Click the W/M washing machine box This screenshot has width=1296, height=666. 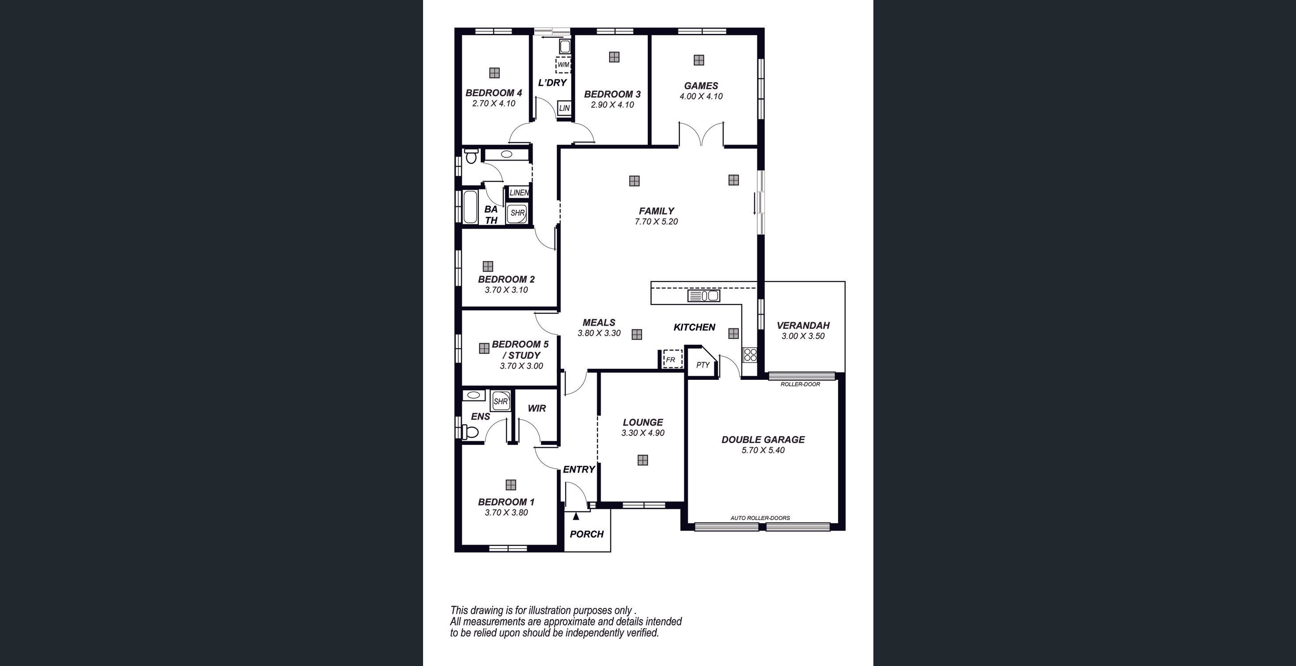[563, 65]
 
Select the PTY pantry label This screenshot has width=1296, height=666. [702, 365]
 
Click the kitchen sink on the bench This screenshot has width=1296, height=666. [703, 296]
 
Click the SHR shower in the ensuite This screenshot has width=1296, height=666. [500, 401]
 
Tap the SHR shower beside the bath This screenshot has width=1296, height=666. [517, 213]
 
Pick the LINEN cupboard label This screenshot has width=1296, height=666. [518, 193]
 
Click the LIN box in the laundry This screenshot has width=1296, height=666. [564, 108]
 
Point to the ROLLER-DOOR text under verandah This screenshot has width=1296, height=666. [800, 384]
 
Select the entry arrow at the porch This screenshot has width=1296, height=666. [576, 516]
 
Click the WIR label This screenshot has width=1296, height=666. [537, 408]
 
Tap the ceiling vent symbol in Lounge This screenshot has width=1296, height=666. [642, 460]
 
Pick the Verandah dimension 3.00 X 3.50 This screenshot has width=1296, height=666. [803, 336]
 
